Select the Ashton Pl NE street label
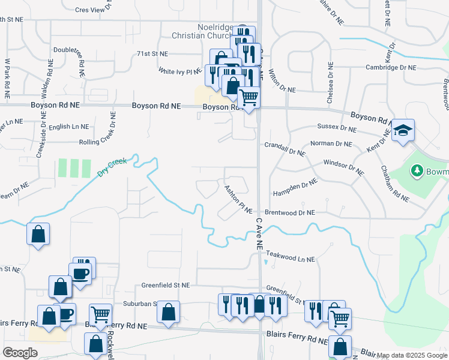tap(238, 199)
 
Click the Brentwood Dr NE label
tap(291, 212)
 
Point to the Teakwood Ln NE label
tap(290, 259)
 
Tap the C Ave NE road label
tap(259, 234)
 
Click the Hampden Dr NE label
tap(294, 188)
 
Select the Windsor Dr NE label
tap(344, 166)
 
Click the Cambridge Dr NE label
tap(391, 68)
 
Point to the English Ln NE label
tap(68, 127)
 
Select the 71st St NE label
tap(152, 53)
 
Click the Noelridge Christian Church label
tap(214, 32)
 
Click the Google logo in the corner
tap(20, 353)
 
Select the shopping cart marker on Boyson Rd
tap(249, 97)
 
